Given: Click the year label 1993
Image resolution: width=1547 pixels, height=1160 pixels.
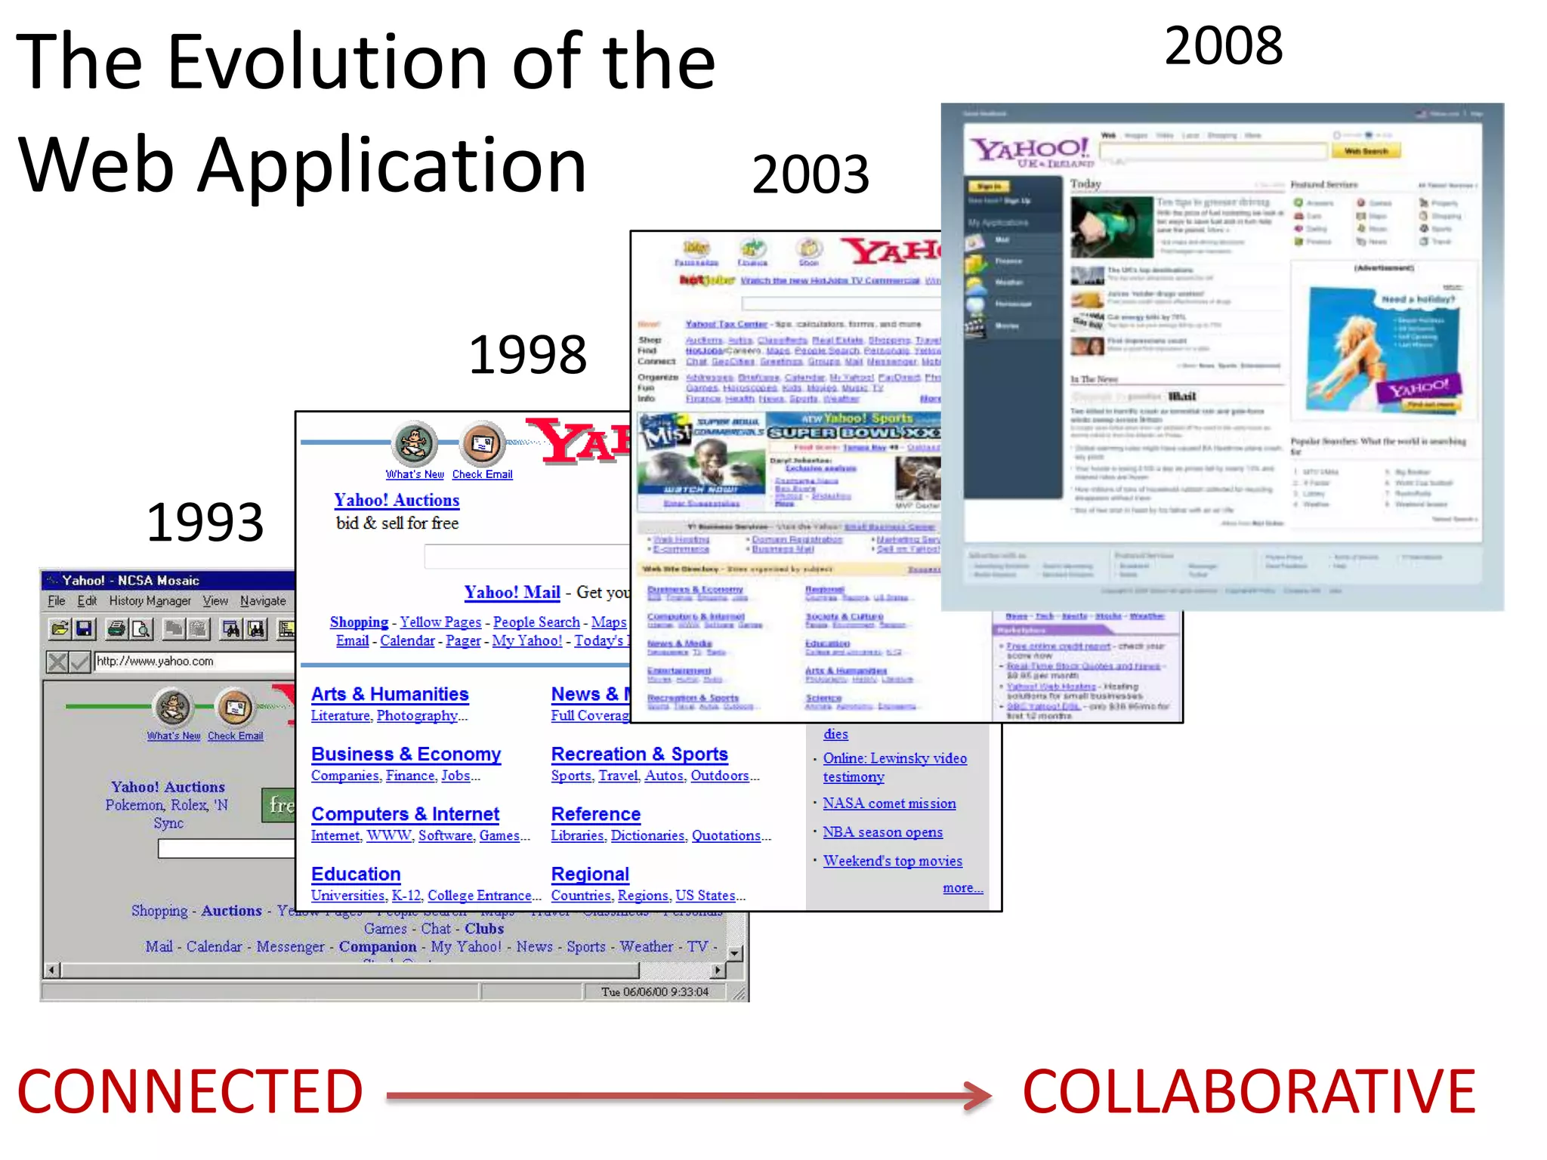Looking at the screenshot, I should [x=205, y=523].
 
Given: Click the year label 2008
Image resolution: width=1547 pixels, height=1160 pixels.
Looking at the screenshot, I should [x=1223, y=45].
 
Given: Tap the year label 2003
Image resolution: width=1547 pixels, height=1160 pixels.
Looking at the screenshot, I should [x=811, y=174].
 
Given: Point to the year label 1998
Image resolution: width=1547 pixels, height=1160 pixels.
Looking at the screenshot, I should [x=527, y=354].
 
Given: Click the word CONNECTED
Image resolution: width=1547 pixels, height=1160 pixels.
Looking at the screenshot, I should [x=190, y=1092].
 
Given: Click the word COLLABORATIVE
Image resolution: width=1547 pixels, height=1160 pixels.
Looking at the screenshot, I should [x=1249, y=1092].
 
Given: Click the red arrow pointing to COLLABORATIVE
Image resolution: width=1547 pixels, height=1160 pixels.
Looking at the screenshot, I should [x=687, y=1095].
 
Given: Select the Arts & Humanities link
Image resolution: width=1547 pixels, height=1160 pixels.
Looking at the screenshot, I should [x=390, y=694].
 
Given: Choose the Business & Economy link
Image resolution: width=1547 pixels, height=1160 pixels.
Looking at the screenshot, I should [x=406, y=754].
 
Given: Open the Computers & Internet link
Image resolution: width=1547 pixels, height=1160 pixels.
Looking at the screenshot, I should [x=405, y=814].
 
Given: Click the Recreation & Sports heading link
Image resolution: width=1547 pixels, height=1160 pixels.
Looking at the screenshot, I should [x=639, y=754].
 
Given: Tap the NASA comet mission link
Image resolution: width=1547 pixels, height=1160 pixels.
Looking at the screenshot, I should [x=889, y=804].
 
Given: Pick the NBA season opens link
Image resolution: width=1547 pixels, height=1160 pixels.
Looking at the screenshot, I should [x=882, y=832].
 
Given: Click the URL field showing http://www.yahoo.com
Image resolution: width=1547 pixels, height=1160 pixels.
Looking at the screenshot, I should [x=193, y=662].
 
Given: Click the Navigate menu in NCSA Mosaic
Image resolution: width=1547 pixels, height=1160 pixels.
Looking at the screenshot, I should [x=263, y=601].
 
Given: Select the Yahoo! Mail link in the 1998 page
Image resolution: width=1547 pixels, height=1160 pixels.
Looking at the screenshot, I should [x=512, y=592].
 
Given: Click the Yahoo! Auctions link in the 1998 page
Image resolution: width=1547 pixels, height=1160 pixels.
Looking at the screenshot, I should [x=397, y=500].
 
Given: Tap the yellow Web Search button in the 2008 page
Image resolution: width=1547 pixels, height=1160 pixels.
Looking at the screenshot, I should [x=1366, y=151].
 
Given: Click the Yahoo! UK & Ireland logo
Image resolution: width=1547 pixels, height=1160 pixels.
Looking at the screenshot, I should [x=1031, y=151].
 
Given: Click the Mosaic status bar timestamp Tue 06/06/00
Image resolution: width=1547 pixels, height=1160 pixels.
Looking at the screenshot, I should [x=654, y=992].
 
